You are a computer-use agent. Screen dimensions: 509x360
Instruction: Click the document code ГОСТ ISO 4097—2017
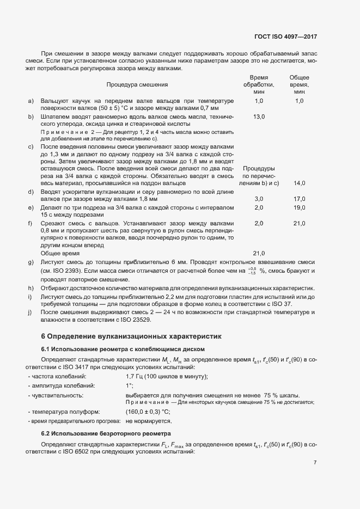pyautogui.click(x=285, y=36)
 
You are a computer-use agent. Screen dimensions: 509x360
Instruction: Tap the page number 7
pyautogui.click(x=315, y=463)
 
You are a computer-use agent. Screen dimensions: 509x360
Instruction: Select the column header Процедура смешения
pyautogui.click(x=137, y=85)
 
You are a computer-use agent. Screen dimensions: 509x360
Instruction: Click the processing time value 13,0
pyautogui.click(x=259, y=116)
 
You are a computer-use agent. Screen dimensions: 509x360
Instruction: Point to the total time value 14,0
pyautogui.click(x=300, y=183)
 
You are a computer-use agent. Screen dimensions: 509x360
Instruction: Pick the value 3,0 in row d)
pyautogui.click(x=259, y=199)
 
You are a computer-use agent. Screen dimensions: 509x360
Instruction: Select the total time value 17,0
pyautogui.click(x=300, y=199)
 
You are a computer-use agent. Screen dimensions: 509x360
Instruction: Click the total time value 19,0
pyautogui.click(x=300, y=208)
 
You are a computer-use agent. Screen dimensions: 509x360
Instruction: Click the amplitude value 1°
pyautogui.click(x=129, y=386)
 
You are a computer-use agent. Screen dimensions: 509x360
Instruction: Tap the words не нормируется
pyautogui.click(x=149, y=421)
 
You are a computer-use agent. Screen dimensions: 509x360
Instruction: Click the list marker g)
pyautogui.click(x=30, y=262)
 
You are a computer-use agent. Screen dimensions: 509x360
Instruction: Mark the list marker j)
pyautogui.click(x=30, y=312)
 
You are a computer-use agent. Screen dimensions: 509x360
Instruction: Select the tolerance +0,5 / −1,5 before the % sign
pyautogui.click(x=252, y=271)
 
